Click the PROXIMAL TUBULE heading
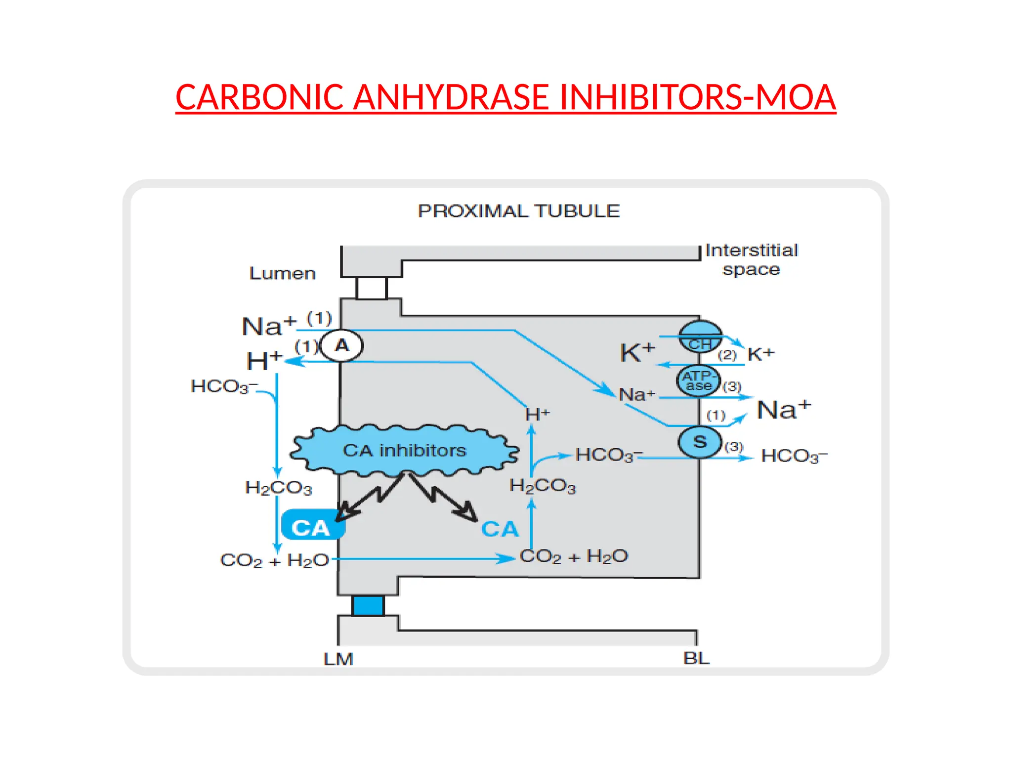point(518,211)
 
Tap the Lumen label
point(282,273)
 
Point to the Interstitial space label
point(751,260)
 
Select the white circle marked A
point(341,346)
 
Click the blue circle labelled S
point(700,442)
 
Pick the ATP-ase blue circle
point(698,381)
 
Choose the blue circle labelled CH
point(700,336)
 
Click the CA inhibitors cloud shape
point(404,450)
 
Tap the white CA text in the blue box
point(310,528)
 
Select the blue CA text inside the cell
point(500,529)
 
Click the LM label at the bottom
point(338,659)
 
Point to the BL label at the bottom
point(696,658)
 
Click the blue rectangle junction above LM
point(368,605)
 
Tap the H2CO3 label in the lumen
point(279,488)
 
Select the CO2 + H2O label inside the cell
point(574,557)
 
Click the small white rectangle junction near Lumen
point(372,289)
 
